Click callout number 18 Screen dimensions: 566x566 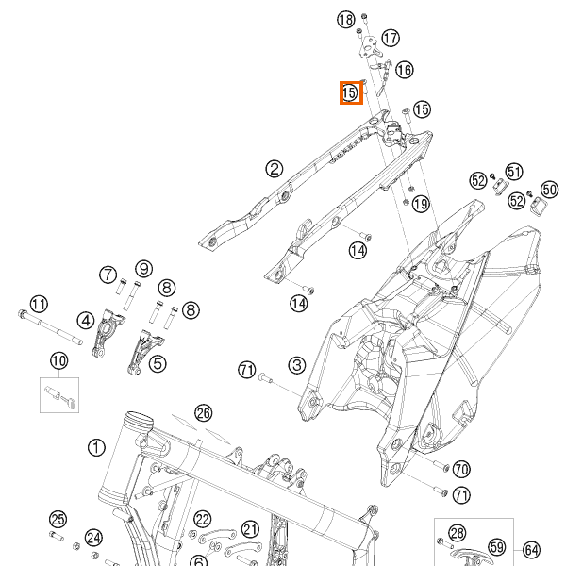click(345, 20)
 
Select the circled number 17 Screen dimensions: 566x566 click(391, 38)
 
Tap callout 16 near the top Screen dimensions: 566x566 click(404, 70)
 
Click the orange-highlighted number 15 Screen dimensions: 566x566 click(350, 92)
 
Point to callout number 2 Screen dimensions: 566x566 click(275, 169)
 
